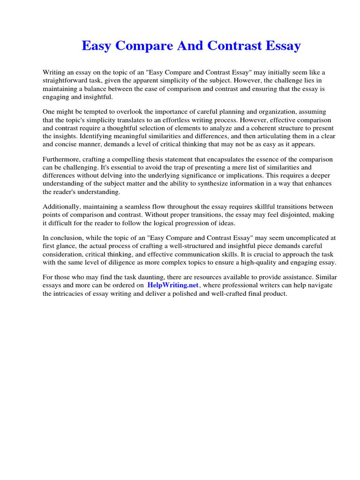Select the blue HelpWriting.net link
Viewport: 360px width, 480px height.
coord(173,285)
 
